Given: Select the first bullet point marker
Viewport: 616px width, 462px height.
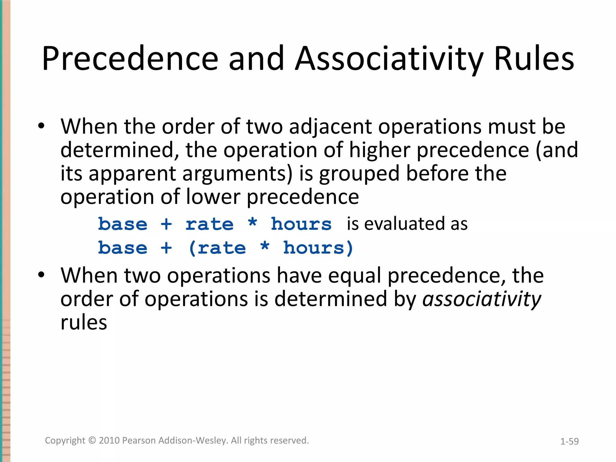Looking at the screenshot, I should (x=42, y=126).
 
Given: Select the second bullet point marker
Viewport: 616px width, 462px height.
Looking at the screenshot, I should (x=42, y=275).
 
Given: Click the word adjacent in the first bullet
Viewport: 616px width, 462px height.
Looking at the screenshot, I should (x=330, y=126).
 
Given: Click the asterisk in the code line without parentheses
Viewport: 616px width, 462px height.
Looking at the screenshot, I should (x=252, y=223).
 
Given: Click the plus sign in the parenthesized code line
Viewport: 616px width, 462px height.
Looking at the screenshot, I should (x=166, y=248).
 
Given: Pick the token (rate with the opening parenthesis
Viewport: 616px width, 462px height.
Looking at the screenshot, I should (x=217, y=248).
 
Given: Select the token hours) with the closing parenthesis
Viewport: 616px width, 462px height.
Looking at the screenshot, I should (x=318, y=248).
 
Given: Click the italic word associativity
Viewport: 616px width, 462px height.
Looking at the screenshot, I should (x=482, y=299).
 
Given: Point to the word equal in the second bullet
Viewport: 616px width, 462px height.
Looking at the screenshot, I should (x=355, y=276).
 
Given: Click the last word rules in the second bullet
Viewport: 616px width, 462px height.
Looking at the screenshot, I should (x=84, y=322).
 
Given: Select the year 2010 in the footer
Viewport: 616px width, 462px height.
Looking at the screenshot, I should (x=109, y=440).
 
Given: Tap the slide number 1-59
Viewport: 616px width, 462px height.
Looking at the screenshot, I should (x=569, y=441).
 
